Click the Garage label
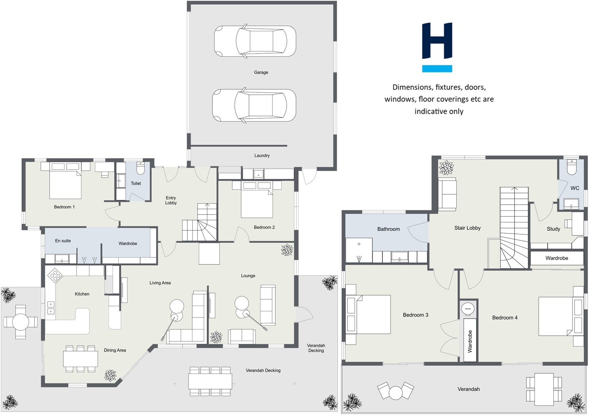(x=261, y=72)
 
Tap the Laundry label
(x=262, y=156)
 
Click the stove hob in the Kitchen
(x=55, y=275)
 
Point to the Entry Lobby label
(x=171, y=200)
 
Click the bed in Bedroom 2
(x=257, y=200)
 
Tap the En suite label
(x=63, y=241)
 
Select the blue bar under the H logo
(x=437, y=69)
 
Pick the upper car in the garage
(x=255, y=41)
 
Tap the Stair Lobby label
(x=467, y=228)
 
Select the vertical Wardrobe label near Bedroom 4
(x=470, y=341)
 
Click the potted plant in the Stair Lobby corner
(x=446, y=167)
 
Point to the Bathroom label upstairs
(x=388, y=229)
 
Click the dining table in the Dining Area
(x=80, y=358)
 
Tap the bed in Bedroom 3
(x=369, y=314)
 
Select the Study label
(x=553, y=229)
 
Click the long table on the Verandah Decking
(x=210, y=381)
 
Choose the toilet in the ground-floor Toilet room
(x=141, y=168)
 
